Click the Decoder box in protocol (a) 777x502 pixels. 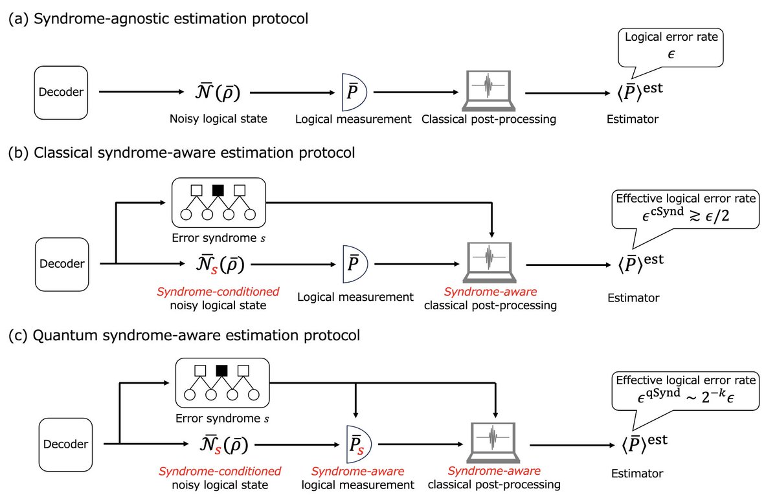click(x=61, y=93)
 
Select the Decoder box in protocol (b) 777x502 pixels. click(x=62, y=265)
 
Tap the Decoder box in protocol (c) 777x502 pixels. click(x=65, y=444)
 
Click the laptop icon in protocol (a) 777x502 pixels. click(x=488, y=91)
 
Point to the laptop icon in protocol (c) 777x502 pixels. click(x=493, y=442)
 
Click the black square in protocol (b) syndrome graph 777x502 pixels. click(x=218, y=190)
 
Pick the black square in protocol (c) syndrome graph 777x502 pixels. click(x=221, y=371)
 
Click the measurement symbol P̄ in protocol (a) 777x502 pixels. click(x=354, y=92)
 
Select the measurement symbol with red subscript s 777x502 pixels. click(x=359, y=444)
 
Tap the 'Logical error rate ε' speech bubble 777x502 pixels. click(x=671, y=49)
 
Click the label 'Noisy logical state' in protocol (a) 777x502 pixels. click(x=218, y=119)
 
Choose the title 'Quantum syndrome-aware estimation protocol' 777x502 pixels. click(x=196, y=335)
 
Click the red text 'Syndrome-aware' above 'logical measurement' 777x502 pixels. click(x=357, y=471)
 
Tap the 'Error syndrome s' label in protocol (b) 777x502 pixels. click(x=219, y=238)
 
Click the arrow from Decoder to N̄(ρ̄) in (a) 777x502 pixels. click(x=141, y=92)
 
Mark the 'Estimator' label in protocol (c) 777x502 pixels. click(x=637, y=474)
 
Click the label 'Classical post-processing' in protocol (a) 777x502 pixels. click(x=489, y=119)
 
